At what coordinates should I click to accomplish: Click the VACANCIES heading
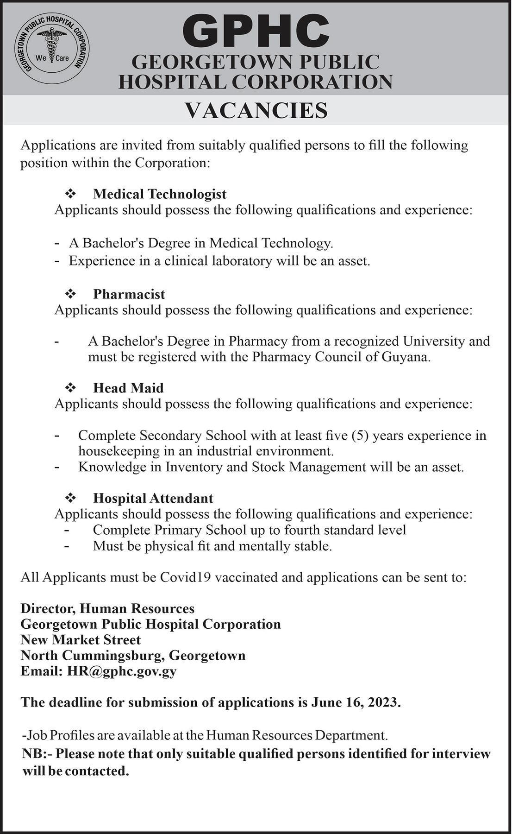point(256,111)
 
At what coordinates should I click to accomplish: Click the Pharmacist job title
point(129,294)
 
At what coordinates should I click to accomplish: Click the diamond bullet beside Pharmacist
point(70,294)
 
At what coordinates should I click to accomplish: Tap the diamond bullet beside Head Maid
point(70,387)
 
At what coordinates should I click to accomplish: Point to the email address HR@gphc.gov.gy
point(121,671)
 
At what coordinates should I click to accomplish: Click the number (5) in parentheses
point(360,436)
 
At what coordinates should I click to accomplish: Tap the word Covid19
point(186,577)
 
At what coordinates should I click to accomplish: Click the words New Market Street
point(81,640)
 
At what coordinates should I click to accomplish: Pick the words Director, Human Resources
point(107,608)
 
